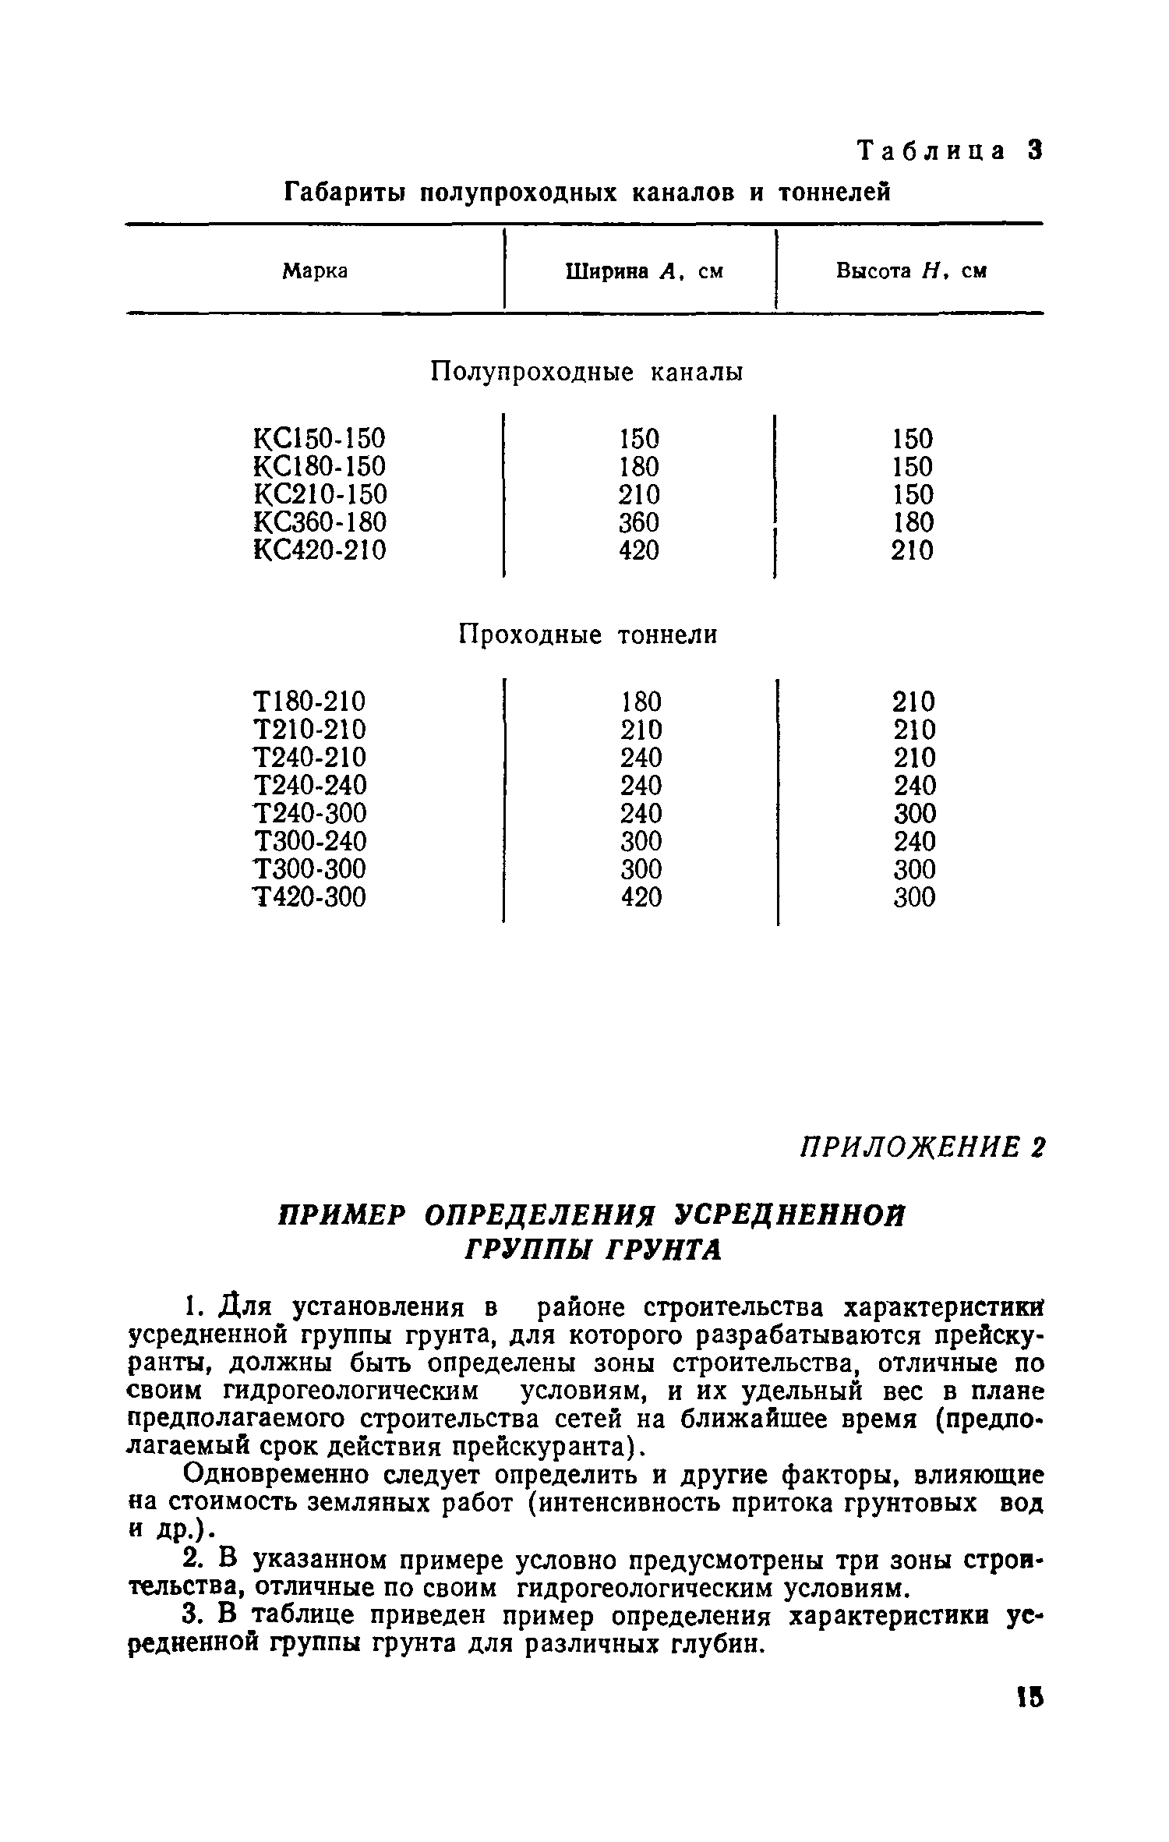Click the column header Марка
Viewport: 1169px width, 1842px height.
click(315, 271)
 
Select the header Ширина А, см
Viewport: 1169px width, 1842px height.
click(644, 271)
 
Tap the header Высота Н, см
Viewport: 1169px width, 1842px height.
click(911, 271)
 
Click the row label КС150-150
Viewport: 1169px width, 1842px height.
click(320, 439)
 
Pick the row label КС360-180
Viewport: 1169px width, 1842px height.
click(320, 522)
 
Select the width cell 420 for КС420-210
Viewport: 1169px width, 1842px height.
click(639, 551)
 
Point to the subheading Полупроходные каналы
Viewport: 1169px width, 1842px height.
click(587, 373)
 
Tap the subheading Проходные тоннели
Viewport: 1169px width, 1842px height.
click(587, 635)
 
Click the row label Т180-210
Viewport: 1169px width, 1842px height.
click(310, 702)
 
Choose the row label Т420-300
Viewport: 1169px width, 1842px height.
click(310, 898)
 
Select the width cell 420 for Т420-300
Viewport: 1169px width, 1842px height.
click(641, 898)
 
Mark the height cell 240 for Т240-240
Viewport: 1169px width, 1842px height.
click(913, 786)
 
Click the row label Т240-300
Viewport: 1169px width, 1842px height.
click(310, 814)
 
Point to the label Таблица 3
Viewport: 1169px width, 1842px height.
click(949, 150)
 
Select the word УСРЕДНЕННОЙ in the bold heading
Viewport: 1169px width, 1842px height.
click(789, 1216)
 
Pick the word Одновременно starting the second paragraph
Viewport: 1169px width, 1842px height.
click(258, 1475)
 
